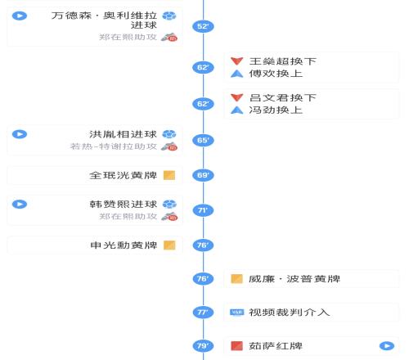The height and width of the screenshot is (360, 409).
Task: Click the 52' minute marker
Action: coord(203,26)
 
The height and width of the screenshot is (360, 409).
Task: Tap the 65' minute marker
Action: coord(203,140)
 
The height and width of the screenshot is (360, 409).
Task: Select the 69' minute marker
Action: coord(203,175)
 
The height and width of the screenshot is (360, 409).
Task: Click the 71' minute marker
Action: coord(203,210)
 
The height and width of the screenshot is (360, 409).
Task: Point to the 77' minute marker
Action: coord(203,313)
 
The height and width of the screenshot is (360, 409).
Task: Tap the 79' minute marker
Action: coord(203,346)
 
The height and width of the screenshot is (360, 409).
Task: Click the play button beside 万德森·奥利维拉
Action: coord(20,16)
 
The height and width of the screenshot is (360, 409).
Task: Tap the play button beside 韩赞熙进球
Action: coord(20,205)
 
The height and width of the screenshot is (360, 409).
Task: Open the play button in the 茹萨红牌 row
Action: coord(387,346)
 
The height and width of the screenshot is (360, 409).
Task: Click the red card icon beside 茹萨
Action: coord(236,346)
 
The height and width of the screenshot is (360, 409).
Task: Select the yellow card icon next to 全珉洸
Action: coord(169,175)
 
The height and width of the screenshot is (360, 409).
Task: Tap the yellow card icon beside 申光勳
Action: coord(169,245)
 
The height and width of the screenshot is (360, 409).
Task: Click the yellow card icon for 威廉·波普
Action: coord(236,279)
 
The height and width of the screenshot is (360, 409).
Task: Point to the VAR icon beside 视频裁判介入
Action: coord(236,312)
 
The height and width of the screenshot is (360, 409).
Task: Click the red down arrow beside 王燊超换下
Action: coord(236,61)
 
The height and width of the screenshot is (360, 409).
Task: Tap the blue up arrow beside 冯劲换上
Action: coord(236,110)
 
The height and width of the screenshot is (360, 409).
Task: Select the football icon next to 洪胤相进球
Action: coord(169,134)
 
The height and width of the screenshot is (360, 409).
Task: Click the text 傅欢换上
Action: coord(276,74)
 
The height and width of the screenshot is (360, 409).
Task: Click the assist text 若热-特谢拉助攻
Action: coord(114,146)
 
